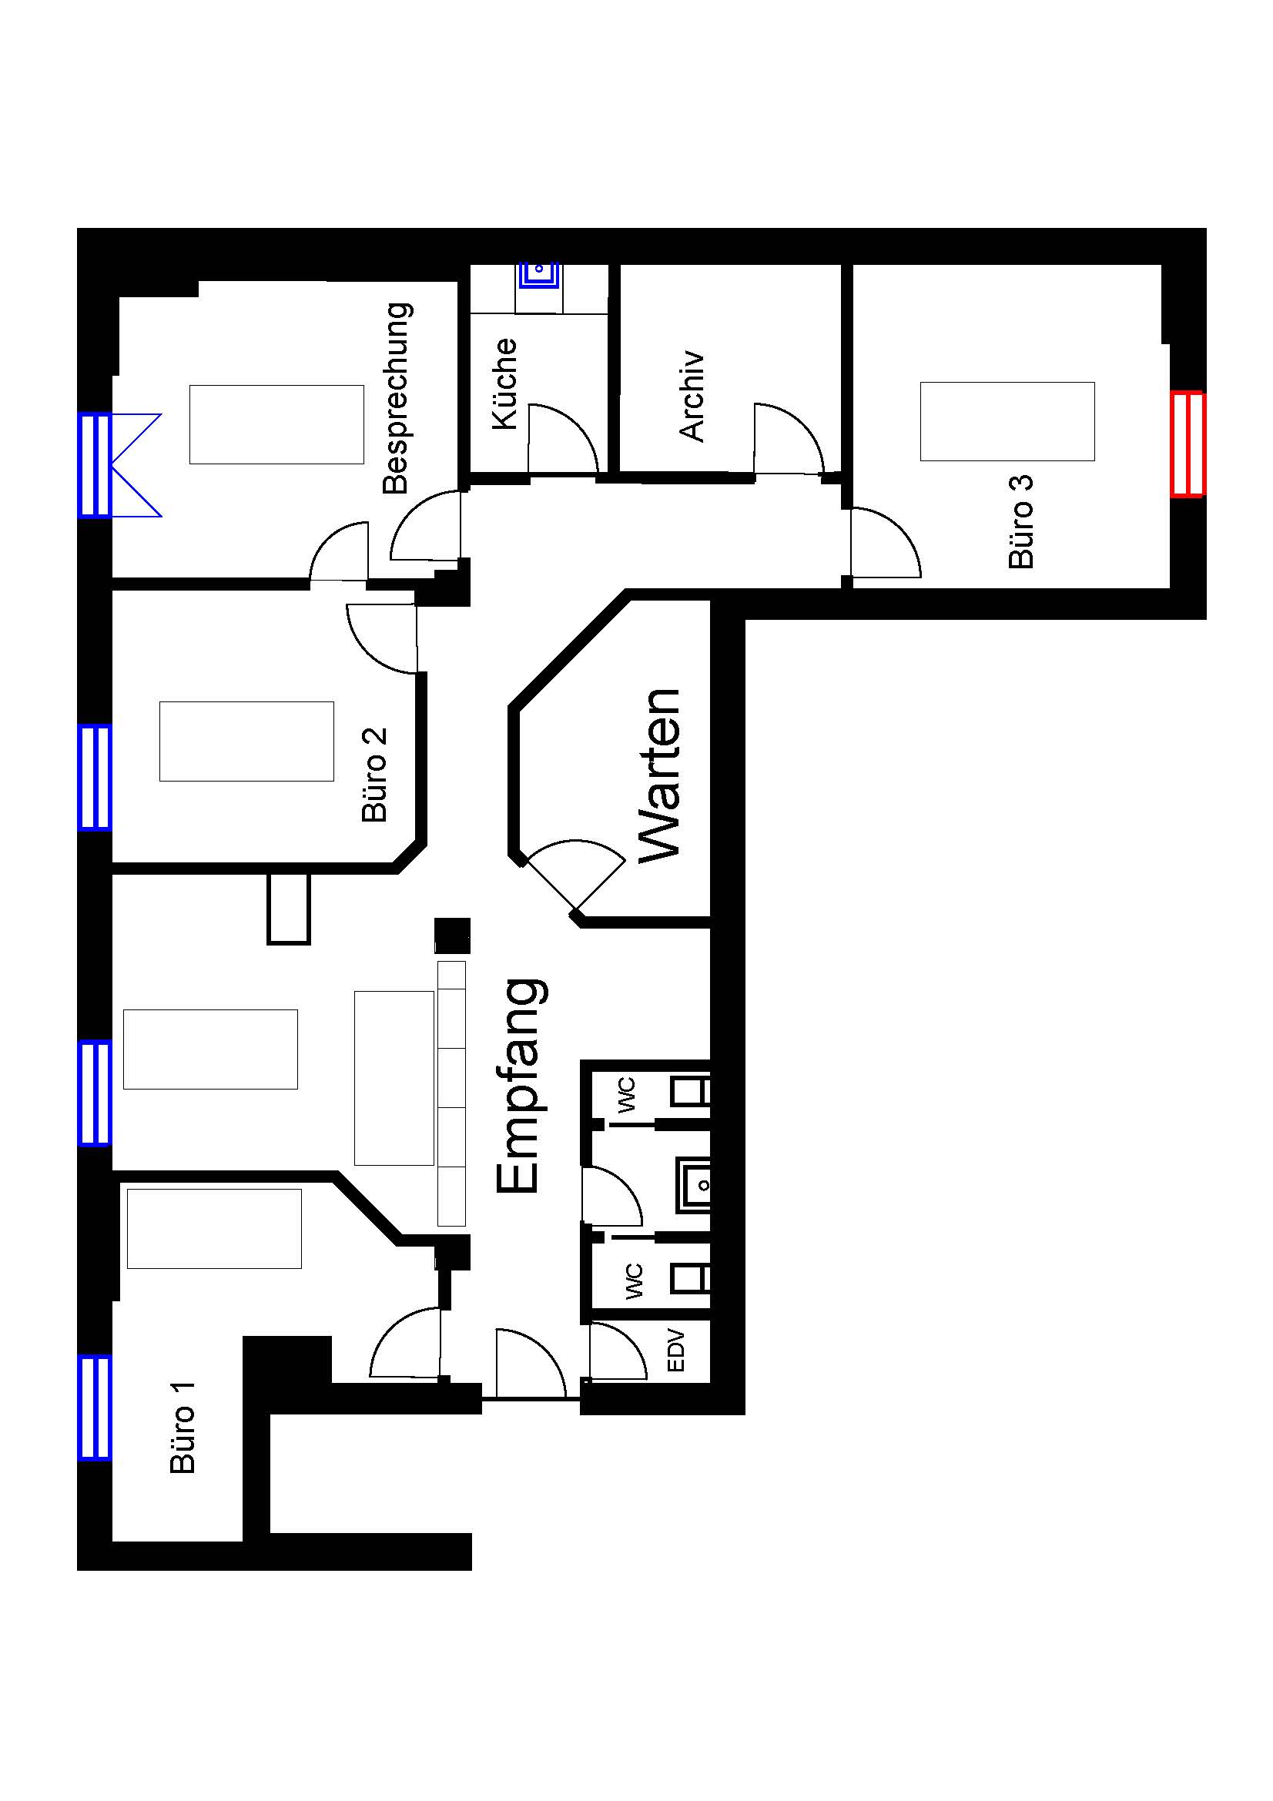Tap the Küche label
tap(505, 383)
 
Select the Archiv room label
tap(692, 396)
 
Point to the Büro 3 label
tap(1021, 521)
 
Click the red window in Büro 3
tap(1187, 444)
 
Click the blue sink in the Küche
tap(539, 276)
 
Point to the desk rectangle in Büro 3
tap(1007, 421)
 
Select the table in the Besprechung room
tap(277, 424)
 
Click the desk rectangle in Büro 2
tap(246, 741)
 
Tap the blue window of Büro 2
tap(94, 777)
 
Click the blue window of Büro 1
tap(94, 1408)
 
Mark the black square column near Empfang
tap(453, 936)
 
